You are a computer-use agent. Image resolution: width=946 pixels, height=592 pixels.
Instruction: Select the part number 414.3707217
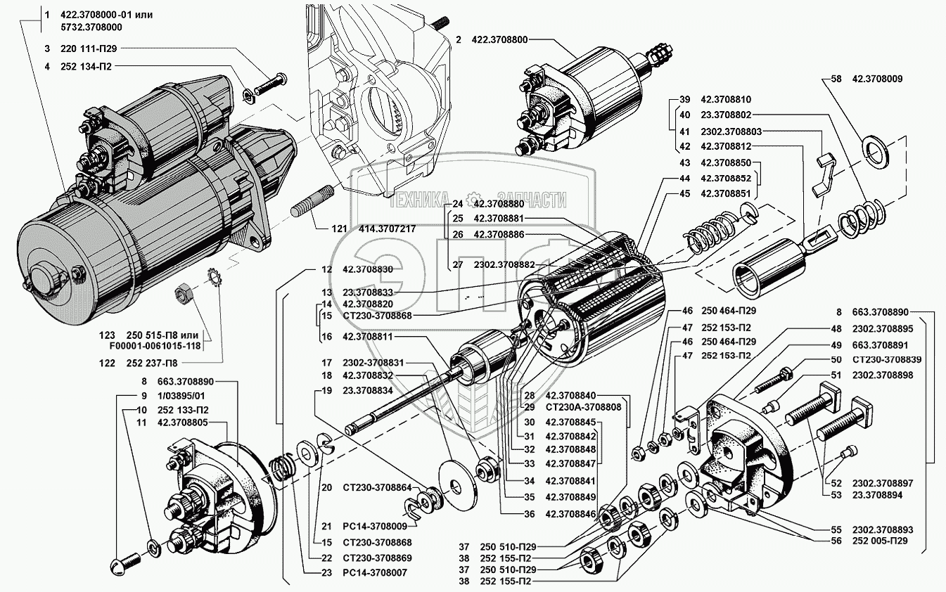tap(377, 229)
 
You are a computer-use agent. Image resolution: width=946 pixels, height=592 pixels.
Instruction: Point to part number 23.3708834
tap(372, 391)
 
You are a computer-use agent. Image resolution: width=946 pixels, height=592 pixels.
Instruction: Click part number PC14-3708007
tap(376, 572)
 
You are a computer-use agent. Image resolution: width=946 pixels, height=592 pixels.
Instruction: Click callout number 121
tap(321, 229)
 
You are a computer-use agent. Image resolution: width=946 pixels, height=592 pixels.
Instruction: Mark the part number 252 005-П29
tap(882, 541)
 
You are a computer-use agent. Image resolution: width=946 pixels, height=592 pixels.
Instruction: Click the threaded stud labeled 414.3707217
tap(312, 202)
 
